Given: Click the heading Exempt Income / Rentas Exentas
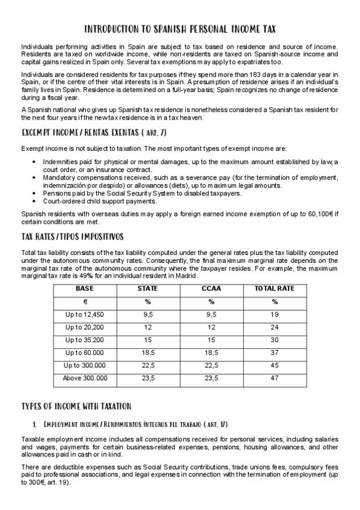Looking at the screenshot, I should [94, 132].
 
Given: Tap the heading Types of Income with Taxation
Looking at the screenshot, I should [76, 406].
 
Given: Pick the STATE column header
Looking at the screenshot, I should [147, 289].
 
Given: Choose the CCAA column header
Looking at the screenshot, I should [211, 289].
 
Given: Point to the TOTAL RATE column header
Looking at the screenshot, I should [274, 289].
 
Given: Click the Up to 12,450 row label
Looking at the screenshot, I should [85, 315].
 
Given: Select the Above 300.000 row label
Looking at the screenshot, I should [85, 378].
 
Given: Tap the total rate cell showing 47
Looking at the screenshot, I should [274, 378].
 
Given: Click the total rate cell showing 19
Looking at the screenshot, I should [274, 315].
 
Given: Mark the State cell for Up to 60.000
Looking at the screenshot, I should [148, 352].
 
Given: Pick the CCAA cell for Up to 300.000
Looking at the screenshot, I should [211, 366].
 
